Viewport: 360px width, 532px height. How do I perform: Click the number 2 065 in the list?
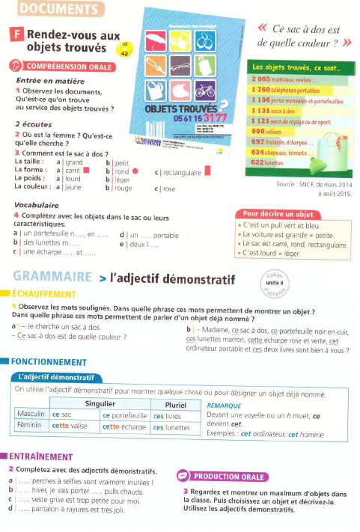click(x=262, y=79)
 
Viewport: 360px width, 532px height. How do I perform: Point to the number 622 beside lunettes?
click(x=259, y=162)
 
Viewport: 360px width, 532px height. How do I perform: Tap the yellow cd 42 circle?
click(x=125, y=49)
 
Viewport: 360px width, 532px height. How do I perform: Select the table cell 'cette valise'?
click(x=70, y=426)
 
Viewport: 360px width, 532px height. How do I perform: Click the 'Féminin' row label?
click(x=32, y=426)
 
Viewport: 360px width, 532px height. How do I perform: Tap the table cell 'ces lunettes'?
click(x=171, y=426)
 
